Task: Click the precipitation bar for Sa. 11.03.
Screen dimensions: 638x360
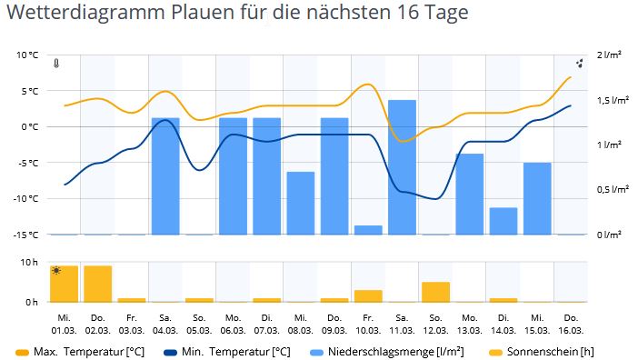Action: point(402,167)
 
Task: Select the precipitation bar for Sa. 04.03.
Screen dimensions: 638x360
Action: point(165,176)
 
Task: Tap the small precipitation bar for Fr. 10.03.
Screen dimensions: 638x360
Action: point(368,230)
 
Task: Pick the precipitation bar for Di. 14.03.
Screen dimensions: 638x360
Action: point(503,221)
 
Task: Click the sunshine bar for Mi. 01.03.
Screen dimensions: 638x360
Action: point(65,284)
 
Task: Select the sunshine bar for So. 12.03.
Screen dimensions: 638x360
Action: point(435,292)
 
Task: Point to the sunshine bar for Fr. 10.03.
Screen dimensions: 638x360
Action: point(368,296)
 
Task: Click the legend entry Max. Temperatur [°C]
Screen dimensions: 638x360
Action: point(80,352)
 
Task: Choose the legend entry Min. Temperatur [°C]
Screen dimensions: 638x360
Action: point(227,352)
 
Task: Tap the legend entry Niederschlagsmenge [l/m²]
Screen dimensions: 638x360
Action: point(387,352)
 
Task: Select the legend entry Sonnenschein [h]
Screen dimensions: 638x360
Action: point(542,352)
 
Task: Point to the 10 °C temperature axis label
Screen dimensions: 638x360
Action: point(27,55)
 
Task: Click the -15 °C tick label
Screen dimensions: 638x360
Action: point(25,235)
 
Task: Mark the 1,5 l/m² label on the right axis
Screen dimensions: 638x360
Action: point(613,100)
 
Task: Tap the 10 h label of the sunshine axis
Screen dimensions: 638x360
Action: point(29,263)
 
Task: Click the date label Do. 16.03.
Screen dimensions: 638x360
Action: point(571,325)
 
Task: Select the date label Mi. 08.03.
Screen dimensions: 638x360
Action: point(301,325)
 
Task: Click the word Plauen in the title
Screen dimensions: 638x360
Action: point(198,12)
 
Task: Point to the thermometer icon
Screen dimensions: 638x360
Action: point(56,64)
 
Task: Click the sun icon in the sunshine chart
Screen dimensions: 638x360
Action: point(56,271)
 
